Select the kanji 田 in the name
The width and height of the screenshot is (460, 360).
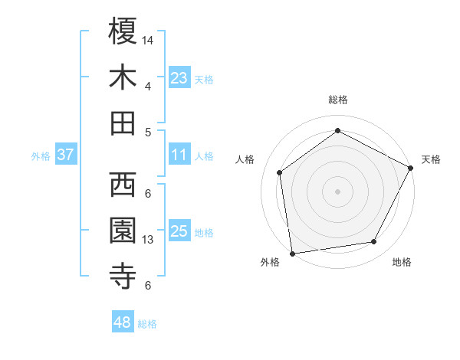tap(123, 123)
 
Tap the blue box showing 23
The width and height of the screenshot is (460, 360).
tap(179, 78)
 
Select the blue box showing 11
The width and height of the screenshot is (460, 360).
tap(179, 155)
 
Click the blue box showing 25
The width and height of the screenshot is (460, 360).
tap(179, 232)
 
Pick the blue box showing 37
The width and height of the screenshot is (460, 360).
tap(66, 155)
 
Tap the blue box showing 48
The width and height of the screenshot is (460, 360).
tap(123, 323)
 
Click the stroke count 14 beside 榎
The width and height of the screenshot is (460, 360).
tap(148, 39)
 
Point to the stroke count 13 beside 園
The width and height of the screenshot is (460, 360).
tap(148, 240)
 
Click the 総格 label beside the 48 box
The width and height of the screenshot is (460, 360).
tap(147, 325)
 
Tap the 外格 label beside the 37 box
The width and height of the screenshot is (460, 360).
tap(41, 156)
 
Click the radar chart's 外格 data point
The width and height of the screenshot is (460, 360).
tap(292, 253)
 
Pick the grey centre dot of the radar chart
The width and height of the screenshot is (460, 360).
tap(337, 191)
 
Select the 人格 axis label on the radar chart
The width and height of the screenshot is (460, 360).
tap(245, 159)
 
